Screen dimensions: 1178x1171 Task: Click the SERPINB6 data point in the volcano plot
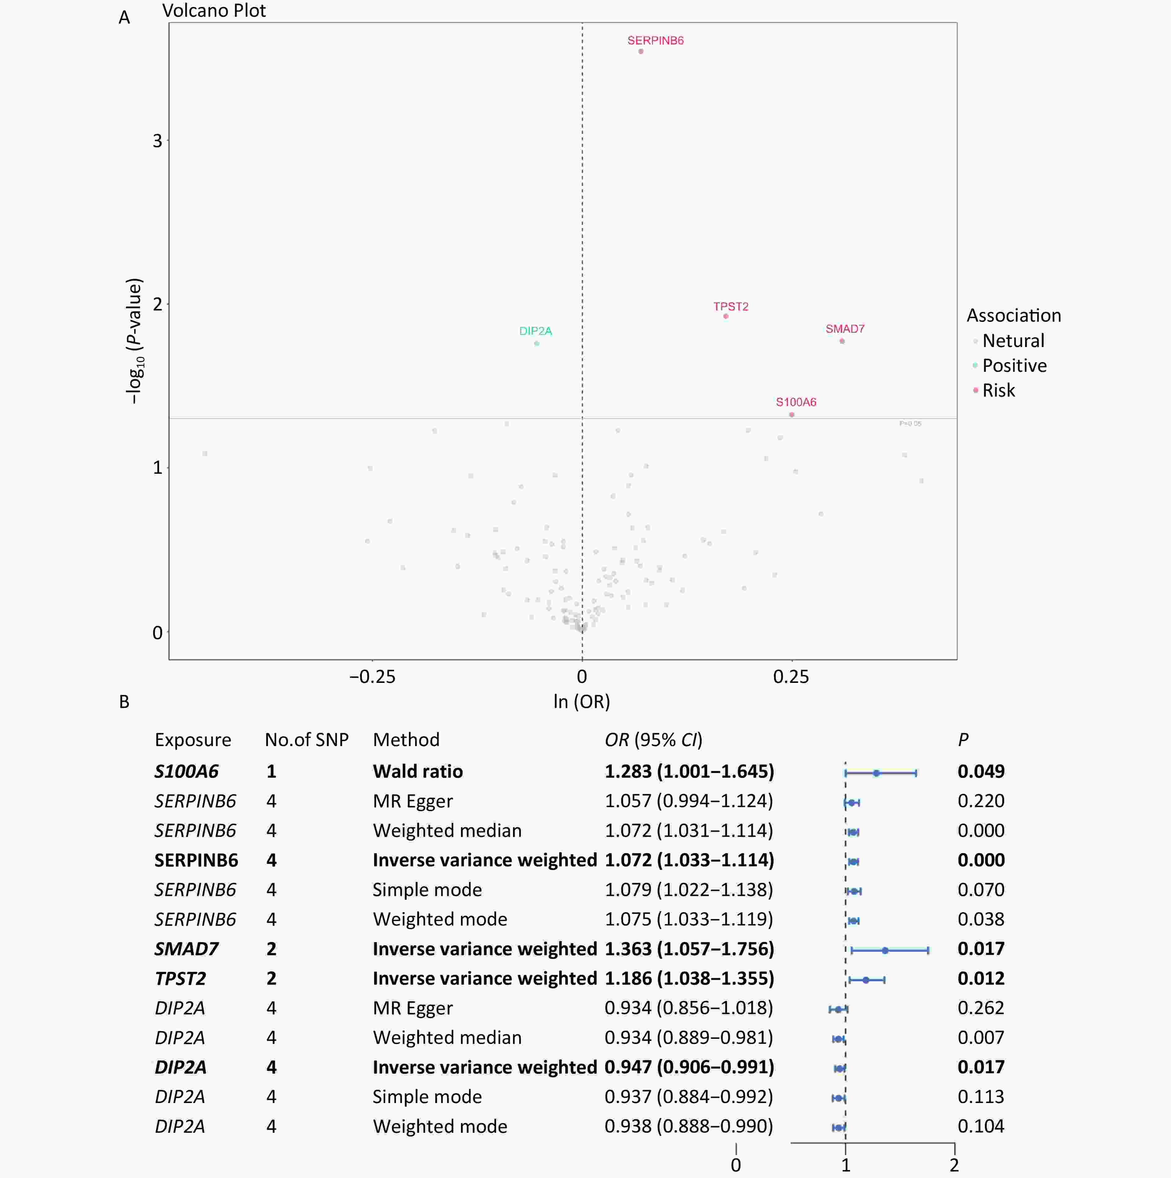click(x=641, y=51)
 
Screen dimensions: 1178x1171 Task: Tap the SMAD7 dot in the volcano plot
click(x=842, y=341)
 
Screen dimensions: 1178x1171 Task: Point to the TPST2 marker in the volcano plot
click(x=726, y=316)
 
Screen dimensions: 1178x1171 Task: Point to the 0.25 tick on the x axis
click(x=791, y=676)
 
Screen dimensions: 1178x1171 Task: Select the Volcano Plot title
click(x=214, y=11)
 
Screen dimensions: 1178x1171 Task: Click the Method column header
click(x=406, y=740)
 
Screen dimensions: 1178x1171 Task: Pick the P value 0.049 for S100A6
click(x=981, y=771)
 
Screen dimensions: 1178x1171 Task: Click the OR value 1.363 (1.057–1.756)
click(x=689, y=949)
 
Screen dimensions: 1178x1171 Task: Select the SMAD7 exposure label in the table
click(x=186, y=949)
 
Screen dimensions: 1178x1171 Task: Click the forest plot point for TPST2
click(x=866, y=980)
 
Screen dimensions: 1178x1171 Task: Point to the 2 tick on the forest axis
click(x=954, y=1165)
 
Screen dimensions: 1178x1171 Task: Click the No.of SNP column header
click(x=306, y=740)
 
